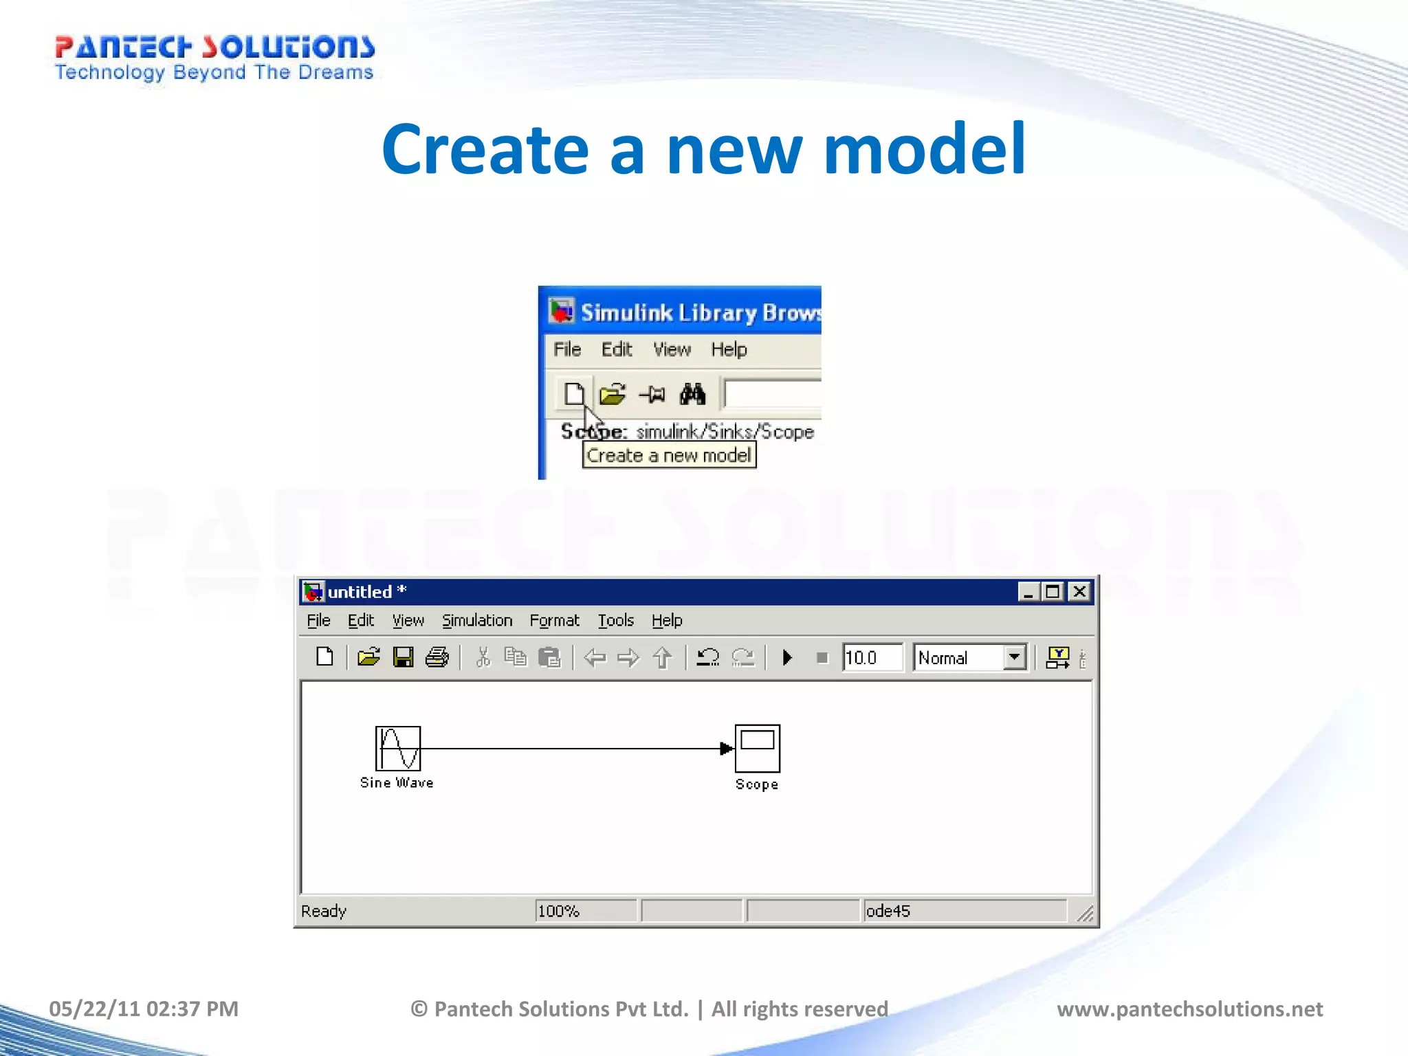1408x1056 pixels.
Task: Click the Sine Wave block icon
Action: (397, 748)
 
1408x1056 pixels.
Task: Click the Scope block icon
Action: (757, 748)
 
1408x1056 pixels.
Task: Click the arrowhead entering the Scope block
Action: (726, 748)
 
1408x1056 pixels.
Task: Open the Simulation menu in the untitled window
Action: (476, 620)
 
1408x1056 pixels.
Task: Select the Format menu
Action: (554, 620)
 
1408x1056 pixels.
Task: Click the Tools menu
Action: (615, 620)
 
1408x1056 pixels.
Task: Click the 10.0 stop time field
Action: (870, 658)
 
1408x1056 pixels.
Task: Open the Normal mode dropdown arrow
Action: (1014, 657)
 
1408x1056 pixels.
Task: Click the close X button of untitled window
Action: (1079, 591)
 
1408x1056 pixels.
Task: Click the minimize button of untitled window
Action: (1028, 591)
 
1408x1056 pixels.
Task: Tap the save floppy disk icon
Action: (403, 657)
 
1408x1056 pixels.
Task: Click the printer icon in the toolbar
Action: (437, 657)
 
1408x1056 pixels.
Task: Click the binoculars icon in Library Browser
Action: (692, 394)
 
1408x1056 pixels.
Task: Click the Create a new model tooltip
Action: (669, 455)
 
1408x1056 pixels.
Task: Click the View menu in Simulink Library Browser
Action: (671, 349)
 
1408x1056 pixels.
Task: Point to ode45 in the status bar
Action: (888, 911)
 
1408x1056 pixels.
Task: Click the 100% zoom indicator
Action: (558, 911)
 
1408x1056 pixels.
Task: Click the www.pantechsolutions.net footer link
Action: (1189, 1009)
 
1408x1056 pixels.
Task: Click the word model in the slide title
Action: (924, 149)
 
